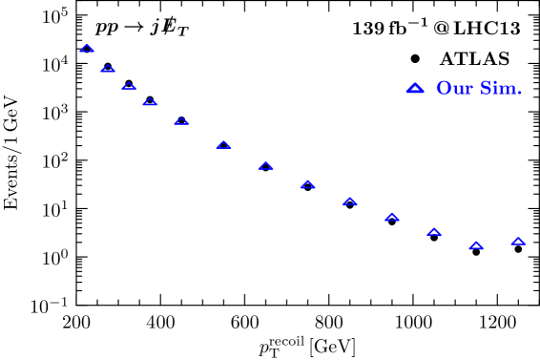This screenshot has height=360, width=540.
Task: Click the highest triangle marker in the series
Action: click(x=87, y=49)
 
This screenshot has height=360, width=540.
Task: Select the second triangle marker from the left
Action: click(x=108, y=69)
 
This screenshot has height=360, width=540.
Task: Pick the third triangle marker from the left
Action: click(x=129, y=86)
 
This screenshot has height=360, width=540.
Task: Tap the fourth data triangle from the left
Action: click(x=150, y=102)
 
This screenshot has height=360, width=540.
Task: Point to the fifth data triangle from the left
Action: click(x=181, y=121)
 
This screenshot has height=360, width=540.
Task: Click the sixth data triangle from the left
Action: click(x=223, y=145)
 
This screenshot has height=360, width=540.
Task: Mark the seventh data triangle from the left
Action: click(x=265, y=166)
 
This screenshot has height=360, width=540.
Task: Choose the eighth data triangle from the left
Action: click(x=307, y=184)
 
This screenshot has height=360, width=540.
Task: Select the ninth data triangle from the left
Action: click(x=349, y=201)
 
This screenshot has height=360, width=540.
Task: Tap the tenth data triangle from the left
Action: click(x=391, y=217)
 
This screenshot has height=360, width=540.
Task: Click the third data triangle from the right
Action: click(x=433, y=232)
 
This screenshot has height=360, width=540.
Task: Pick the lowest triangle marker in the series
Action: click(x=475, y=245)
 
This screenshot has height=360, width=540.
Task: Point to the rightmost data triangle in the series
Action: click(x=518, y=242)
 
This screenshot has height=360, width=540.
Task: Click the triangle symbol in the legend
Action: click(x=415, y=88)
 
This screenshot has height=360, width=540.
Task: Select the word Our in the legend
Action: click(x=453, y=89)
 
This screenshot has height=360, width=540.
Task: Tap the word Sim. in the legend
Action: click(x=499, y=89)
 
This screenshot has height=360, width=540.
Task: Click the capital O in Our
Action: click(x=444, y=89)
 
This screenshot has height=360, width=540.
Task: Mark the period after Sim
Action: click(x=519, y=94)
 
